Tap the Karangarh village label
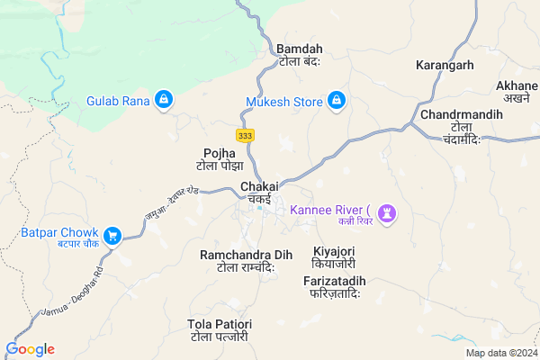tap(444, 66)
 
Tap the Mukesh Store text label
tap(283, 102)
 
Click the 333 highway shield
tap(244, 135)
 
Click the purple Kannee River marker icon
tap(389, 212)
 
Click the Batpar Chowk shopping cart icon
tap(112, 236)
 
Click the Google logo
tap(31, 349)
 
